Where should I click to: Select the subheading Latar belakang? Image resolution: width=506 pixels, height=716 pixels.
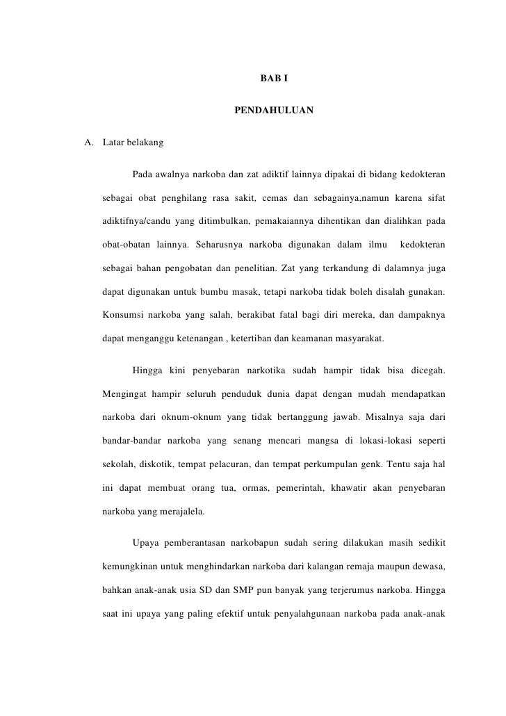133,144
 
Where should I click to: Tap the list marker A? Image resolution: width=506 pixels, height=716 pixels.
88,144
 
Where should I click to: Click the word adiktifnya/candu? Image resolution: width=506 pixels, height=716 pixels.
136,221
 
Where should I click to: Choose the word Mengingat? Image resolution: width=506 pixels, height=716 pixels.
126,395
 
